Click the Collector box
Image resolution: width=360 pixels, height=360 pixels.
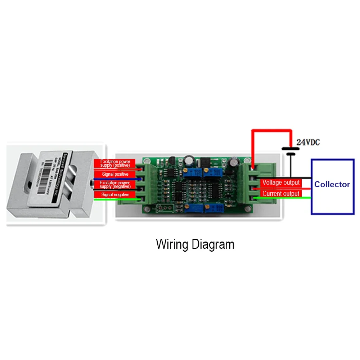332,186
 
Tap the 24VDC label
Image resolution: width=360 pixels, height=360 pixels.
308,142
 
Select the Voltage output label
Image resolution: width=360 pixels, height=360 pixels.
281,183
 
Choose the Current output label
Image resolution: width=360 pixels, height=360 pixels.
281,194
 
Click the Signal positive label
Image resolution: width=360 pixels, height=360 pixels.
114,174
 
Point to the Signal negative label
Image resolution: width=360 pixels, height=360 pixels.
114,194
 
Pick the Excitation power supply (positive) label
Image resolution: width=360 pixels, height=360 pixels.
114,163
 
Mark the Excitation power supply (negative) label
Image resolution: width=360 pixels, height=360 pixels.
114,185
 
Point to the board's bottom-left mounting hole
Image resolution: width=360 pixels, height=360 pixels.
147,210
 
